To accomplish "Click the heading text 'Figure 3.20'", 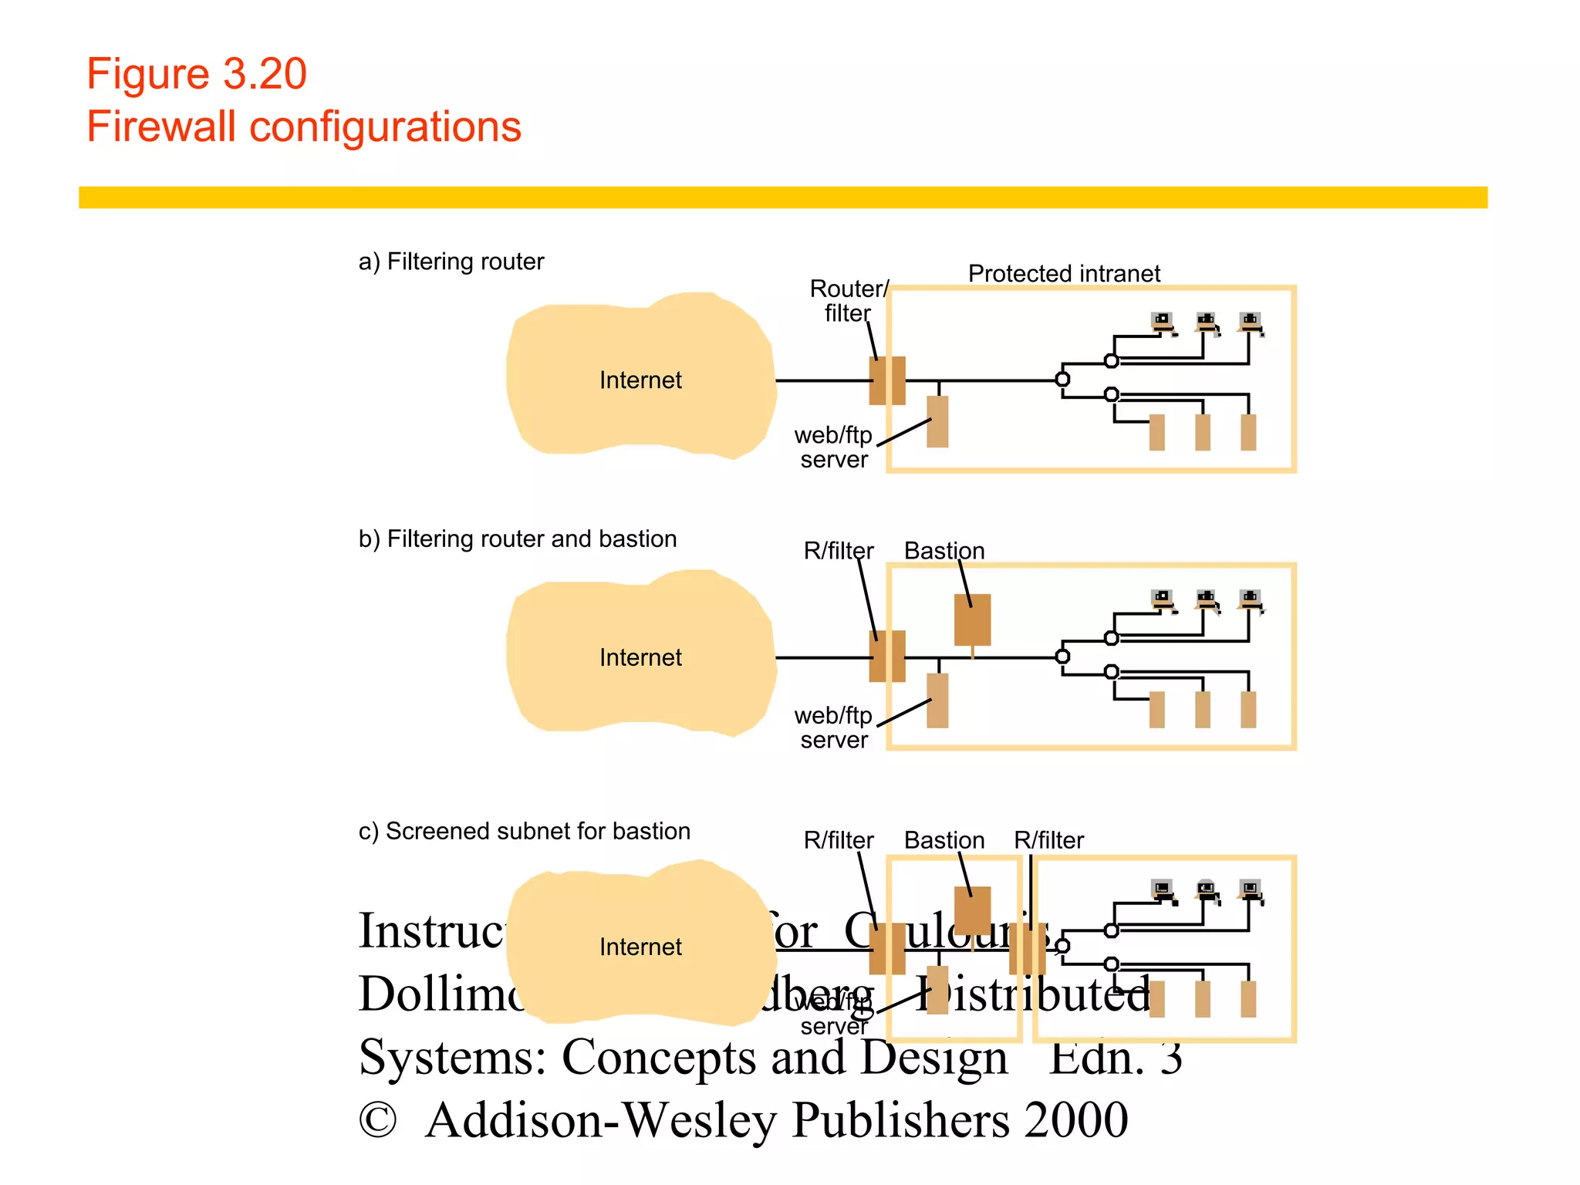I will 197,74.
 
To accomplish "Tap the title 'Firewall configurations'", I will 304,127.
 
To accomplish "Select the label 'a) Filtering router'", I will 451,262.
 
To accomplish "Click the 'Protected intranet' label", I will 1064,273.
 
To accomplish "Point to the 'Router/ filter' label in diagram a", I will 848,301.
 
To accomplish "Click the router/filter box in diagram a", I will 887,380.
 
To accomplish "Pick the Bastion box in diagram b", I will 972,620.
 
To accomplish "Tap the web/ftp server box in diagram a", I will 937,421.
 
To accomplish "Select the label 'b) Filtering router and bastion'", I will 518,538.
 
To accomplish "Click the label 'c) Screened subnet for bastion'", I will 525,831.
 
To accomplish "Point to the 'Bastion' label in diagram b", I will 944,551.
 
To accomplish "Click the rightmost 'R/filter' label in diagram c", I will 1048,840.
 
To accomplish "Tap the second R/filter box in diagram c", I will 1028,949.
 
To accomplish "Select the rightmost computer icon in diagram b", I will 1251,600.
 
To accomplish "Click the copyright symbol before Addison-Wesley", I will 377,1120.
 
